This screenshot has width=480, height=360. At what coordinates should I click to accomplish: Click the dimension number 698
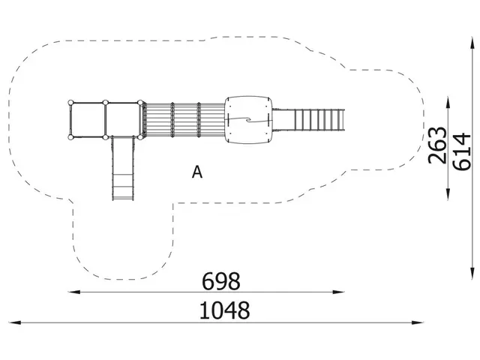point(221,281)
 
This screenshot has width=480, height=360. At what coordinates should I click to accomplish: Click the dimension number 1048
point(224,310)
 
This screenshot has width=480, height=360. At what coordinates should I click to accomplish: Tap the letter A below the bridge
point(197,172)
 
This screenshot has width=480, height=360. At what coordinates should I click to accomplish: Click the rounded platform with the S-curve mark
point(247,120)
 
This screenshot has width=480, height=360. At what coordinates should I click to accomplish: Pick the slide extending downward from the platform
point(123,169)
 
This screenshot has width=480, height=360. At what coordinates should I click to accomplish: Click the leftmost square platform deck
point(88,120)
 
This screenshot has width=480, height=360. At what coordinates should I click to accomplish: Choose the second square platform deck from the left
point(124,120)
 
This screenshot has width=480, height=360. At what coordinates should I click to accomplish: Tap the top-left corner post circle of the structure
point(70,103)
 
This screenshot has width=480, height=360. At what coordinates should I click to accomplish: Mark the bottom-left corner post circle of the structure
point(70,137)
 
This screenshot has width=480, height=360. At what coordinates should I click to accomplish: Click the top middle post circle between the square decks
point(106,103)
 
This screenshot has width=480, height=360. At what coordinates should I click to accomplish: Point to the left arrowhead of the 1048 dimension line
point(13,322)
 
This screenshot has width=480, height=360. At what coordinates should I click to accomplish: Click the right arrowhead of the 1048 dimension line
point(421,322)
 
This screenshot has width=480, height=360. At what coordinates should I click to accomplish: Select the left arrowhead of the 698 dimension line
point(70,292)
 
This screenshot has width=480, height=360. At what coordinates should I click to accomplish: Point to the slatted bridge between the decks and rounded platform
point(184,119)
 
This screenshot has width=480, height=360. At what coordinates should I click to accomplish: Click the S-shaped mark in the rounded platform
point(247,120)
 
